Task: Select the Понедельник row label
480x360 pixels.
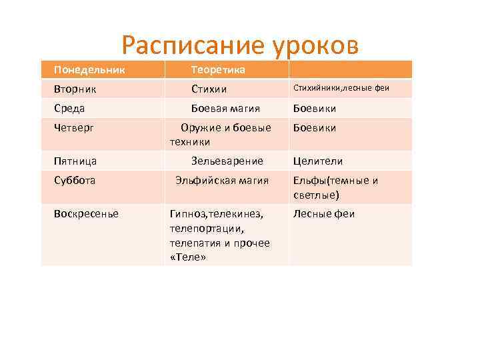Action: [89, 69]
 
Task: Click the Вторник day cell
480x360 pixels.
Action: [74, 89]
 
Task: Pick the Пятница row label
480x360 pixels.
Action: [75, 161]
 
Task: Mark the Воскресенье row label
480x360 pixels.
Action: [86, 213]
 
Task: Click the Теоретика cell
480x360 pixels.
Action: [218, 69]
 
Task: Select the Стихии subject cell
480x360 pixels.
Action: [209, 89]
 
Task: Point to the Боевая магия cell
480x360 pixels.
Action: [225, 108]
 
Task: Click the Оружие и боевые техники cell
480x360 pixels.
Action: [221, 134]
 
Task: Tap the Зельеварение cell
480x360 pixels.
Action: [227, 161]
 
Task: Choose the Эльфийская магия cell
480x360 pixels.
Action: [222, 180]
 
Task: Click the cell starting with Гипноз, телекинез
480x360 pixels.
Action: [219, 235]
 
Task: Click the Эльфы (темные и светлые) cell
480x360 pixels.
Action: [335, 187]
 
